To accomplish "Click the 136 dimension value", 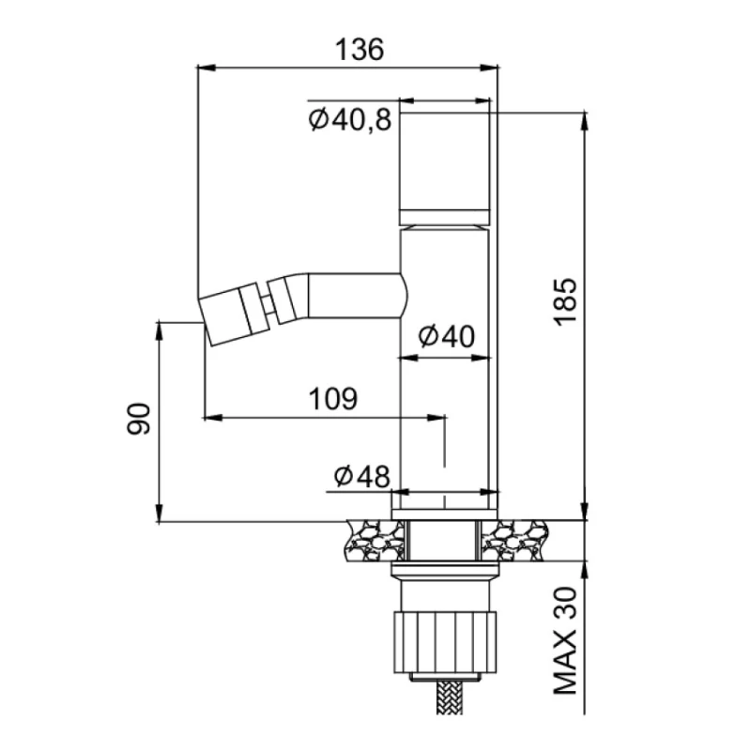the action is tap(360, 50).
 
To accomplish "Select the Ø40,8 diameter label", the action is tap(350, 120).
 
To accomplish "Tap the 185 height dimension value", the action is tap(566, 301).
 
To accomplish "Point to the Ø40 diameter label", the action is tap(447, 336).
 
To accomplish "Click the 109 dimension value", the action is tap(333, 398).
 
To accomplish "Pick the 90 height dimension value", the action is tap(138, 418).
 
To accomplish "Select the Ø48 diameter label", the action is tap(362, 476).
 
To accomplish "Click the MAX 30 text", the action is tap(566, 640).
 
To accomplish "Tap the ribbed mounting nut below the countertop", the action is tap(445, 642).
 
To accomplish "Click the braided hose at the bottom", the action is tap(449, 697).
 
